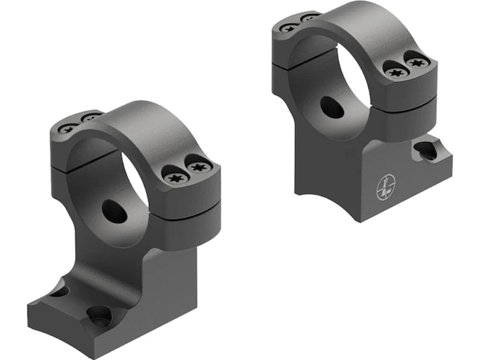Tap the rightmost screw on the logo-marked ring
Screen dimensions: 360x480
tap(416, 63)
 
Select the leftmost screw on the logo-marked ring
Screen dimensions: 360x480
tap(289, 27)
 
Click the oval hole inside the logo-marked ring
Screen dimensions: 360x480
tap(332, 107)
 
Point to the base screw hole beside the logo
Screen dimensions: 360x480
tap(426, 150)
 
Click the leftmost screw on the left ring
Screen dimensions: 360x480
tap(68, 128)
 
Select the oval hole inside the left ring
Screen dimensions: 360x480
tap(114, 211)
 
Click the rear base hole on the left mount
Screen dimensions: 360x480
tap(59, 290)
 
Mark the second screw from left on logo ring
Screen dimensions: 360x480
tap(308, 17)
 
